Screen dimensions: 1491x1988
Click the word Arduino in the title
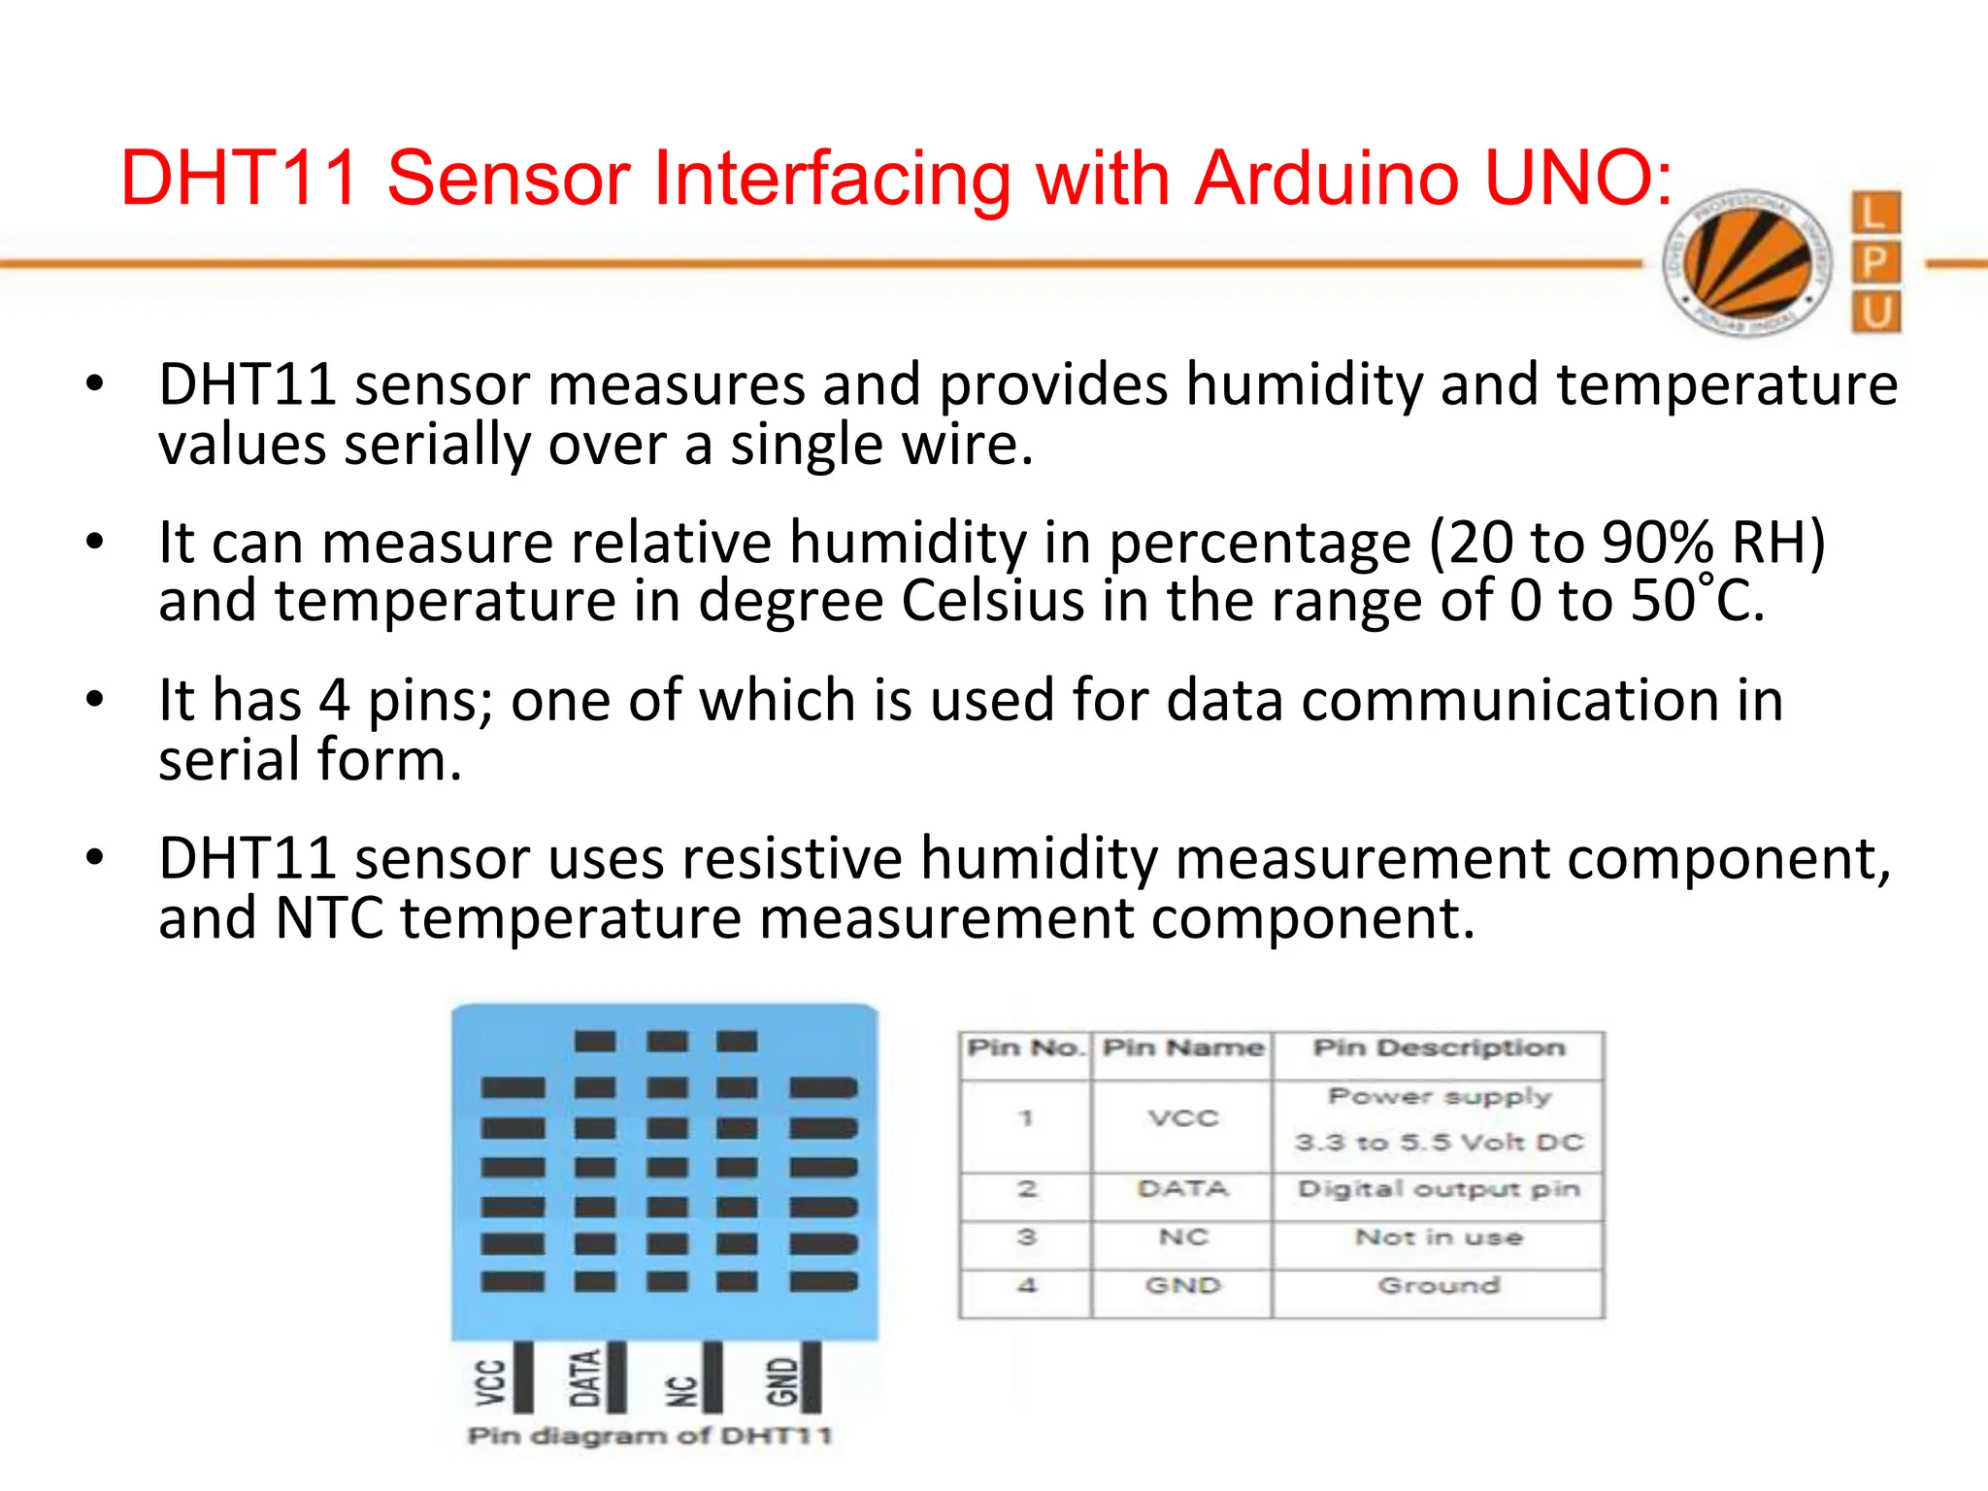pos(1326,180)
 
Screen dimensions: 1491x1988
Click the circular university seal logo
pos(1747,263)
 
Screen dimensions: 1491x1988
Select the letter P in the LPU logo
pos(1875,262)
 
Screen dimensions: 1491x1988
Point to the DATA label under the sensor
pos(584,1377)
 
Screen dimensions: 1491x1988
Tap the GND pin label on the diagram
pos(781,1381)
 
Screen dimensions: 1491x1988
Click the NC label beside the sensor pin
pos(682,1391)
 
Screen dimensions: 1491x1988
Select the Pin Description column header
pos(1439,1048)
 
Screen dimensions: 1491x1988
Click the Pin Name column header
pos(1183,1048)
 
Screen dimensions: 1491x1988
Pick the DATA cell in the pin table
pos(1182,1189)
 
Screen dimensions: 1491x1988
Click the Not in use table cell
pos(1439,1238)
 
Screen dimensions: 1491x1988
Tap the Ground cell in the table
pos(1439,1286)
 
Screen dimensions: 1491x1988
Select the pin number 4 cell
pos(1026,1286)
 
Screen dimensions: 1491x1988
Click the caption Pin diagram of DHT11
pos(650,1436)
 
